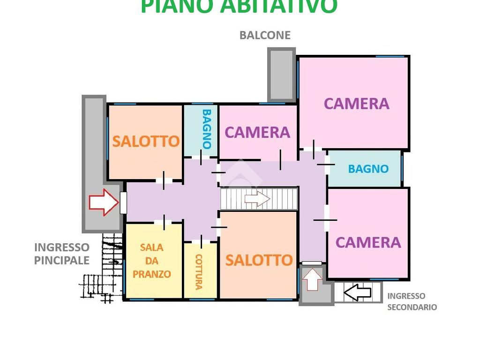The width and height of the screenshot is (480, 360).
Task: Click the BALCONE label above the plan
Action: (x=265, y=35)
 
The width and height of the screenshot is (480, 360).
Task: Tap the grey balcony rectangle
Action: (x=281, y=74)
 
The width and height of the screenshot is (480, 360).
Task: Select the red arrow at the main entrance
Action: (x=104, y=202)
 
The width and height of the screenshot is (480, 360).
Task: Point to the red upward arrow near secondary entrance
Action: (x=312, y=279)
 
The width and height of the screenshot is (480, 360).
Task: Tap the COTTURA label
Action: (x=199, y=271)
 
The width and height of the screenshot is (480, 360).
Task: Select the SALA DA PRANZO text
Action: (x=152, y=261)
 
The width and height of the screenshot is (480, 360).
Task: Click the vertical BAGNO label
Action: (x=207, y=128)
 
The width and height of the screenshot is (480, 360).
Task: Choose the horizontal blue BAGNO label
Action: (x=368, y=169)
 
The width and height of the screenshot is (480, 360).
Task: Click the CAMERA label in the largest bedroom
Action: (x=356, y=104)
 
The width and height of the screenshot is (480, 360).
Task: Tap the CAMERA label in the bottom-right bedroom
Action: (x=368, y=242)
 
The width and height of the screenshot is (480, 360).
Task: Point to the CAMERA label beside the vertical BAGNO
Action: (x=257, y=133)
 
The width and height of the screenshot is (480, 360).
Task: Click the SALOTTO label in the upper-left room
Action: (x=146, y=141)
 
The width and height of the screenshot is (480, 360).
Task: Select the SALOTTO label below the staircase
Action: (x=259, y=260)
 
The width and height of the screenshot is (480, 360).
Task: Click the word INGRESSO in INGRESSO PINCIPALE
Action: (x=61, y=247)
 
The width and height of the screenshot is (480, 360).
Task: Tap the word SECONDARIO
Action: (x=412, y=307)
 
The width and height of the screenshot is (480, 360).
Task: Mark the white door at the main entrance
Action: (x=123, y=202)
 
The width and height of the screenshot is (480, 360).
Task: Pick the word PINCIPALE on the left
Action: (x=61, y=260)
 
